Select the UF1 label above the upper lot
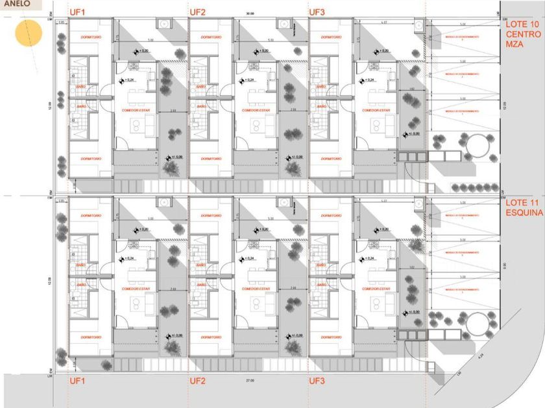pyautogui.click(x=78, y=12)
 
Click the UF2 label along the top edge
pyautogui.click(x=198, y=12)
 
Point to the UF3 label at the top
pyautogui.click(x=317, y=12)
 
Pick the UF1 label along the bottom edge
pyautogui.click(x=78, y=381)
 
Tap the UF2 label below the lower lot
pyautogui.click(x=198, y=381)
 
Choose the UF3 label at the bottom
pyautogui.click(x=317, y=381)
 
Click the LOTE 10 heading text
pyautogui.click(x=523, y=23)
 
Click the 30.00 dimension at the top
pyautogui.click(x=250, y=14)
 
